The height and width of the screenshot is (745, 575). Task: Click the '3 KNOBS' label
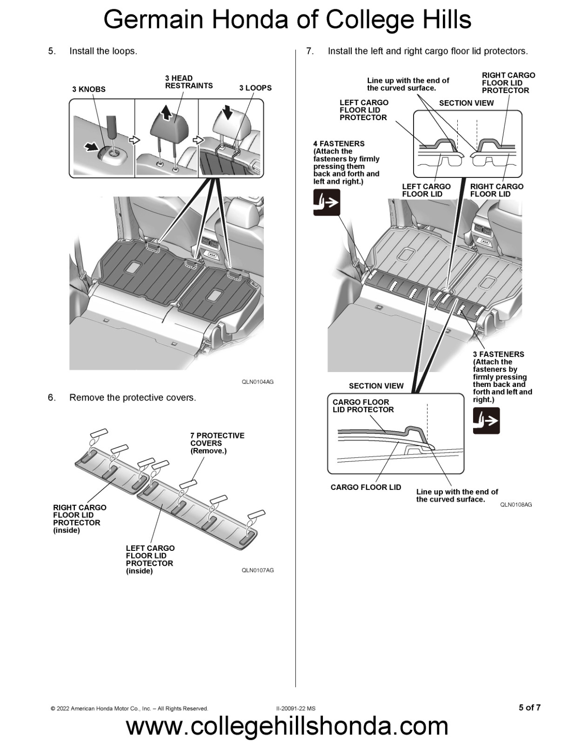click(x=88, y=89)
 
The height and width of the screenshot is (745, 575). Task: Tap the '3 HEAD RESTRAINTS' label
click(x=188, y=82)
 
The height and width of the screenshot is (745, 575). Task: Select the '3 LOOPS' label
click(x=255, y=88)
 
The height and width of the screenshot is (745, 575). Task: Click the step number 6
click(x=51, y=398)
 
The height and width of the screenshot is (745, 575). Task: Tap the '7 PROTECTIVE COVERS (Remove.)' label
click(x=217, y=443)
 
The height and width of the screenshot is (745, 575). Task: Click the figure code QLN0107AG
click(x=257, y=570)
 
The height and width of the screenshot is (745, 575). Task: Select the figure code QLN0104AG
click(x=257, y=382)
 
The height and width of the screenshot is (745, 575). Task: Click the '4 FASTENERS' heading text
click(x=339, y=144)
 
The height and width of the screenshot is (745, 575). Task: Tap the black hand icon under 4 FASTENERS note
click(x=327, y=203)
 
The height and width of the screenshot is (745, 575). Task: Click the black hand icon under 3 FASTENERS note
click(x=486, y=420)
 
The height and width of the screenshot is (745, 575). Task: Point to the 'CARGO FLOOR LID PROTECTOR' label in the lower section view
click(x=363, y=406)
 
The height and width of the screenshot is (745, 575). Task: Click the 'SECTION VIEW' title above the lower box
click(x=376, y=386)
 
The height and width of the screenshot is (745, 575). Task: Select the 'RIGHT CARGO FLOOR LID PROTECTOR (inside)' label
click(x=80, y=518)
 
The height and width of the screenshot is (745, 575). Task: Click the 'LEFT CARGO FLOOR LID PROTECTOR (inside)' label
click(x=150, y=559)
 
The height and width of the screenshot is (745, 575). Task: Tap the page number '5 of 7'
click(x=529, y=707)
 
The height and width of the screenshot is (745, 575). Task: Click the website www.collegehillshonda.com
click(x=287, y=726)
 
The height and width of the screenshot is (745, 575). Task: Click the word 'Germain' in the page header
click(x=154, y=20)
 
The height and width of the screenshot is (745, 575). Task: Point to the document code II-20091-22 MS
click(x=295, y=708)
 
